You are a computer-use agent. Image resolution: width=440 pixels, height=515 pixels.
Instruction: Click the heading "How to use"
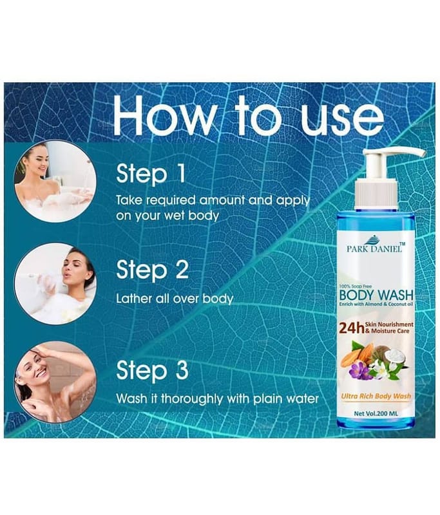(x=249, y=116)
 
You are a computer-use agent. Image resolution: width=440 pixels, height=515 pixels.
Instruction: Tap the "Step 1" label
(x=151, y=174)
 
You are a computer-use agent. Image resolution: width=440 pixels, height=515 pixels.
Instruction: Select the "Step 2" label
(x=153, y=270)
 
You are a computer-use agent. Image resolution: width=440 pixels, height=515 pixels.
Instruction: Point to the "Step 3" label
(x=153, y=371)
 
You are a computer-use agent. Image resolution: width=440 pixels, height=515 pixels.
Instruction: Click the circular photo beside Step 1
(x=55, y=182)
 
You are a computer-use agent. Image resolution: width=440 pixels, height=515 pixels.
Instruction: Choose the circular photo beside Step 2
(x=55, y=284)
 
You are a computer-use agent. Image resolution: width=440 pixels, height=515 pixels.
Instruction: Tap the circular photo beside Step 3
(x=55, y=382)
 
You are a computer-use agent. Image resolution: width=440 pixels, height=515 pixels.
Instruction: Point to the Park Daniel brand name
(x=374, y=248)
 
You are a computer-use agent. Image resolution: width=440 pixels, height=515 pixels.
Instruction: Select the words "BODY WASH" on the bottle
(x=376, y=295)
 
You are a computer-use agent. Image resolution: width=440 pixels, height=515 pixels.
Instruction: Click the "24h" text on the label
(x=351, y=328)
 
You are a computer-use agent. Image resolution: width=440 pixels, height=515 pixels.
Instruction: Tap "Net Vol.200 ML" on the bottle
(x=376, y=413)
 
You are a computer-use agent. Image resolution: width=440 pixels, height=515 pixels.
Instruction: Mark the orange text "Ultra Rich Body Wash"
(x=376, y=397)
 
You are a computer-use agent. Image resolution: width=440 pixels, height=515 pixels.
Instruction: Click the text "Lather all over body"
(x=175, y=299)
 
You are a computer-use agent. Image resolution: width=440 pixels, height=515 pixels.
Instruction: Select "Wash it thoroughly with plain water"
(x=217, y=398)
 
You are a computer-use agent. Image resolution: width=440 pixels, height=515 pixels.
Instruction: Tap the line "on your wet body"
(x=167, y=216)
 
